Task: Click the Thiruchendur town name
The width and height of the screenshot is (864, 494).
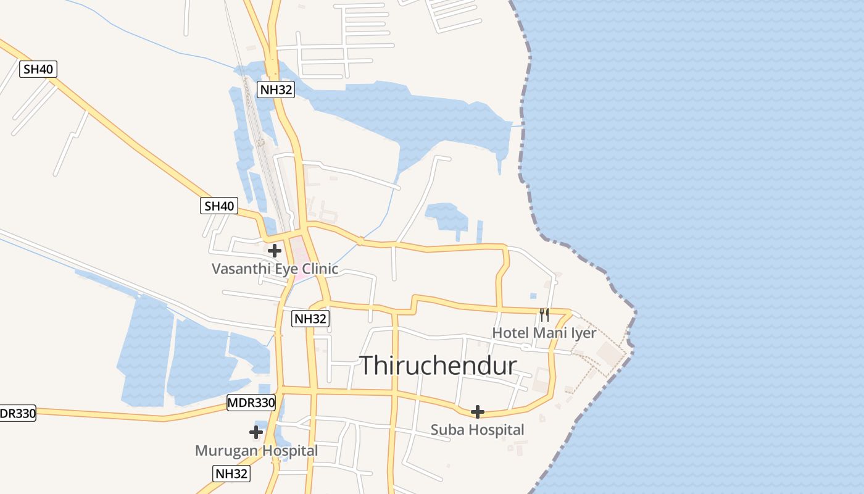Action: [x=438, y=366]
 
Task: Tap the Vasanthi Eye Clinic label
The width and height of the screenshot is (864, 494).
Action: [x=275, y=269]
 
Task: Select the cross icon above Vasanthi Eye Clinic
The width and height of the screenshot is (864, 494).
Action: [x=275, y=251]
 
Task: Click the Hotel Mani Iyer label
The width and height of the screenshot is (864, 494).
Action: [x=544, y=333]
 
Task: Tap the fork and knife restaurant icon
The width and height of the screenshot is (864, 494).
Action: [x=544, y=315]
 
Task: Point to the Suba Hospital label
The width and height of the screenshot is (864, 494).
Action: [x=477, y=430]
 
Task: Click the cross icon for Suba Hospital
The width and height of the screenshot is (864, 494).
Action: [x=477, y=412]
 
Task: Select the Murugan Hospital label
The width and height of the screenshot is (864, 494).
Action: [x=256, y=451]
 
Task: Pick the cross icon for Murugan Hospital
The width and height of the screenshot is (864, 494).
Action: [x=256, y=432]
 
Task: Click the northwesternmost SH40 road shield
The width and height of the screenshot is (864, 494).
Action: [x=38, y=69]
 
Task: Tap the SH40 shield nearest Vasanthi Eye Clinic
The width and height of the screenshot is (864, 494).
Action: [x=219, y=206]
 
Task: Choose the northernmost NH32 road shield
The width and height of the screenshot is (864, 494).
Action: [x=276, y=90]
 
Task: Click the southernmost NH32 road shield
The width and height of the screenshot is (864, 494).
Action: [x=231, y=474]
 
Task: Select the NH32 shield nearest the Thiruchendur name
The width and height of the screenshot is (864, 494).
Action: [x=310, y=319]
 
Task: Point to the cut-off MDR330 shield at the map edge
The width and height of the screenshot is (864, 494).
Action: [x=17, y=413]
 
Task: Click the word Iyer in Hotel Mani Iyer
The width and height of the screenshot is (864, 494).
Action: [x=583, y=333]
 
